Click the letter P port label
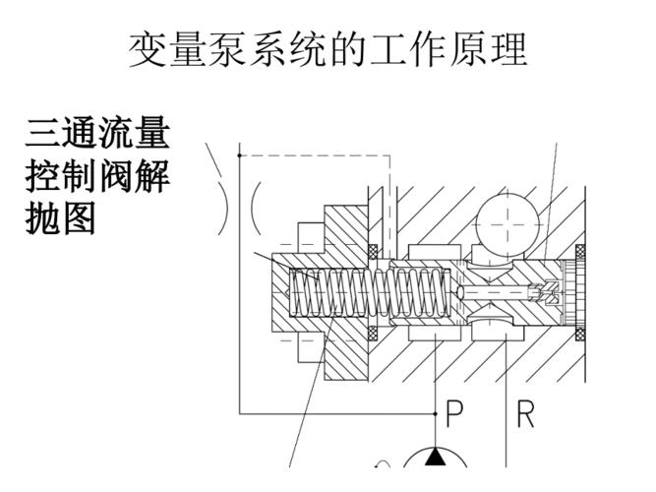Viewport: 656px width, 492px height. [454, 414]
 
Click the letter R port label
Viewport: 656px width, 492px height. [526, 414]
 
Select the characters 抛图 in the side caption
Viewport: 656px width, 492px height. [60, 218]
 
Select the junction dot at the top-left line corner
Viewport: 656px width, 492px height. [239, 154]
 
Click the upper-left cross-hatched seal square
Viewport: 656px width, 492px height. [374, 247]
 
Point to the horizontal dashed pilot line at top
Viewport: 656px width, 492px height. [315, 154]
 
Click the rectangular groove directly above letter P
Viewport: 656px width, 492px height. [434, 336]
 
